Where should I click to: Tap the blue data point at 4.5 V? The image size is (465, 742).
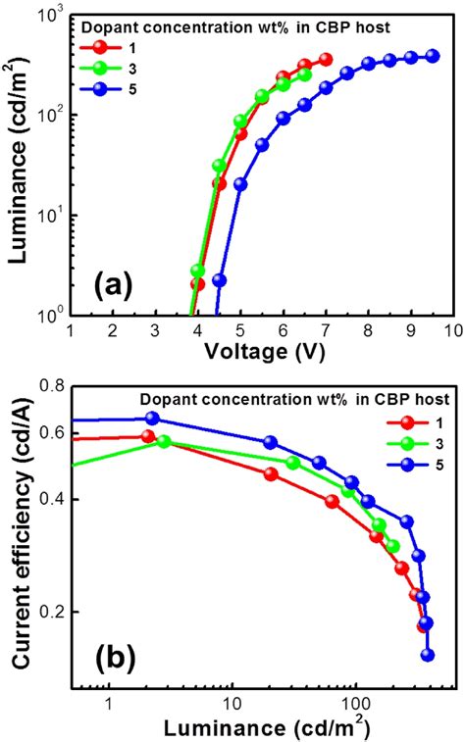tap(220, 280)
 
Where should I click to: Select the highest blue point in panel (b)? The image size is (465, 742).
tap(152, 419)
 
